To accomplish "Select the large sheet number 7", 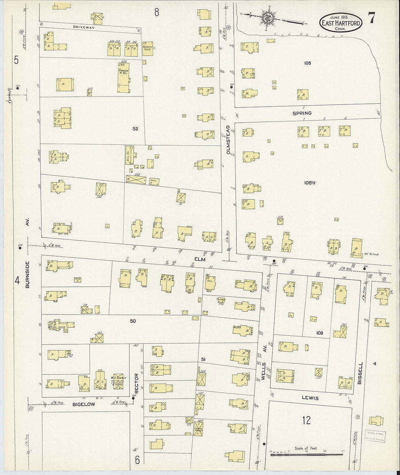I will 372,18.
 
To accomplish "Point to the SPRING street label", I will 302,114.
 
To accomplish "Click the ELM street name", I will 200,260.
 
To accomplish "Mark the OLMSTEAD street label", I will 228,140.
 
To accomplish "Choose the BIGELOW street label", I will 84,404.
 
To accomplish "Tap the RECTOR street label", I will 137,383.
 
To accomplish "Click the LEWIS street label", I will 310,398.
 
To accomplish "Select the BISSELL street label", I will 360,373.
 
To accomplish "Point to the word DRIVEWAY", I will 84,27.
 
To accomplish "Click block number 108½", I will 309,183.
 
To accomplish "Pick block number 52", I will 135,129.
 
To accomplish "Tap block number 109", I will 319,333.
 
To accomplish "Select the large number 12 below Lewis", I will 307,420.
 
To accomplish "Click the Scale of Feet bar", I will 306,454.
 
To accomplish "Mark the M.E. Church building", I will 118,382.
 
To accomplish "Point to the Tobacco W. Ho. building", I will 123,78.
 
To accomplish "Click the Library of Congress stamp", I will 375,436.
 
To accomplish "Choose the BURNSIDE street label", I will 27,275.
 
